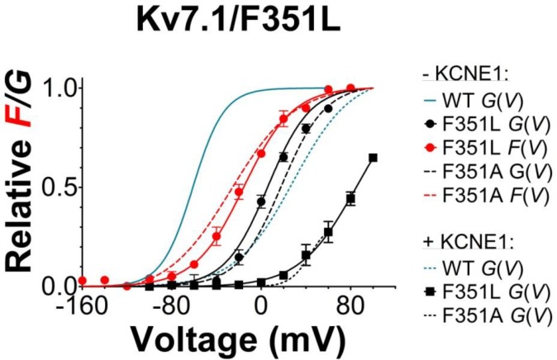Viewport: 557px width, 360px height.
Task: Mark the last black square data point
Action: click(373, 158)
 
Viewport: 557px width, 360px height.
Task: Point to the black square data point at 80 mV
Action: click(350, 199)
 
